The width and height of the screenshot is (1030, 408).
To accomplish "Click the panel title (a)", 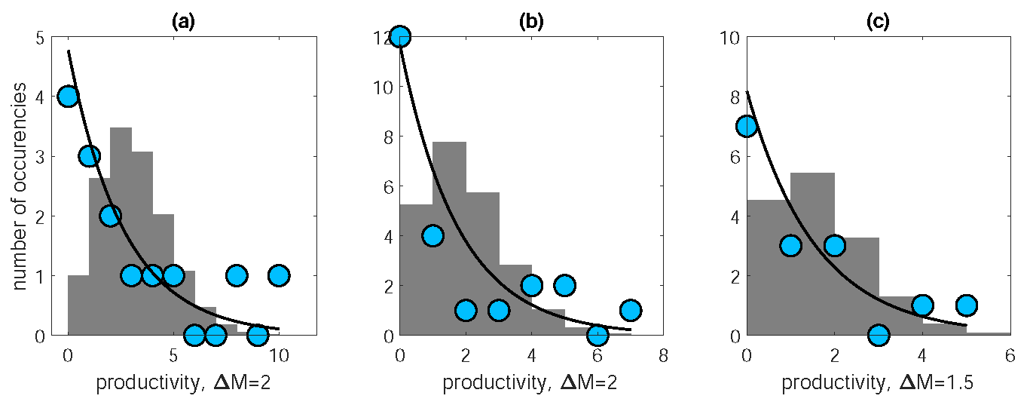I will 183,22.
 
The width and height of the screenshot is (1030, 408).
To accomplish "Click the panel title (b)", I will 530,22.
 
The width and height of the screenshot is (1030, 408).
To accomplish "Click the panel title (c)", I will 878,22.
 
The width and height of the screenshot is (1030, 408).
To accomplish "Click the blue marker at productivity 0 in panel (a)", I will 68,97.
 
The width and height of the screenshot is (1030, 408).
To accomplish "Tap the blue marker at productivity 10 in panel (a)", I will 279,275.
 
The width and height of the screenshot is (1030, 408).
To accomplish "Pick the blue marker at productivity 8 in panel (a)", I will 237,275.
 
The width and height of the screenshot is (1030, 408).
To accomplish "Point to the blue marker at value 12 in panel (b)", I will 400,37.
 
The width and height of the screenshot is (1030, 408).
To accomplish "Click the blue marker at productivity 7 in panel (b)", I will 631,310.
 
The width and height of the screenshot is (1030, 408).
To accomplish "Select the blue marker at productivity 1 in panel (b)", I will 432,235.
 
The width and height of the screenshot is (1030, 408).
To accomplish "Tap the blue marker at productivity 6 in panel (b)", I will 598,334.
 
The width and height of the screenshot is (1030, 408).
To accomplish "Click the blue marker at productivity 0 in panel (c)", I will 747,126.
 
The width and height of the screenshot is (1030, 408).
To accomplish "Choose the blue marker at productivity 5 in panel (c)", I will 966,305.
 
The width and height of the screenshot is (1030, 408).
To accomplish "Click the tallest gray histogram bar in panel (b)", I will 449,234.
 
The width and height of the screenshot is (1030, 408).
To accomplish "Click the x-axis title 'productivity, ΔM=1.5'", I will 878,383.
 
